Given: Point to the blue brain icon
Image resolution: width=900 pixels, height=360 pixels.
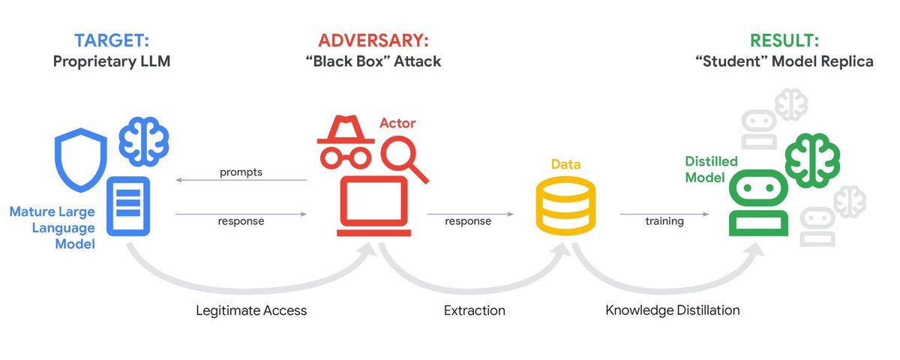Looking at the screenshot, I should (x=143, y=140).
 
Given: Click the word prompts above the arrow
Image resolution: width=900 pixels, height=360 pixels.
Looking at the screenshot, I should (x=241, y=172).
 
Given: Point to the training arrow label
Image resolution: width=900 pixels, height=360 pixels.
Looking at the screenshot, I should (x=664, y=221).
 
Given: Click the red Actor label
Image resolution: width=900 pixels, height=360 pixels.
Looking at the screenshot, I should (x=397, y=122).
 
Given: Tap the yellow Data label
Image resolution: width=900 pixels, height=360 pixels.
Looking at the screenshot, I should (x=565, y=163).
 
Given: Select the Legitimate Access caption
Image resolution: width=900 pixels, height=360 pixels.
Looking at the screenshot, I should (x=251, y=310).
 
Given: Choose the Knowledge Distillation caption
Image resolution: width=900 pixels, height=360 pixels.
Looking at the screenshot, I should (x=672, y=310).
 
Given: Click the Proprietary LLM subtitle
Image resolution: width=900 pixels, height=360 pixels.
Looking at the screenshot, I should (x=111, y=61).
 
